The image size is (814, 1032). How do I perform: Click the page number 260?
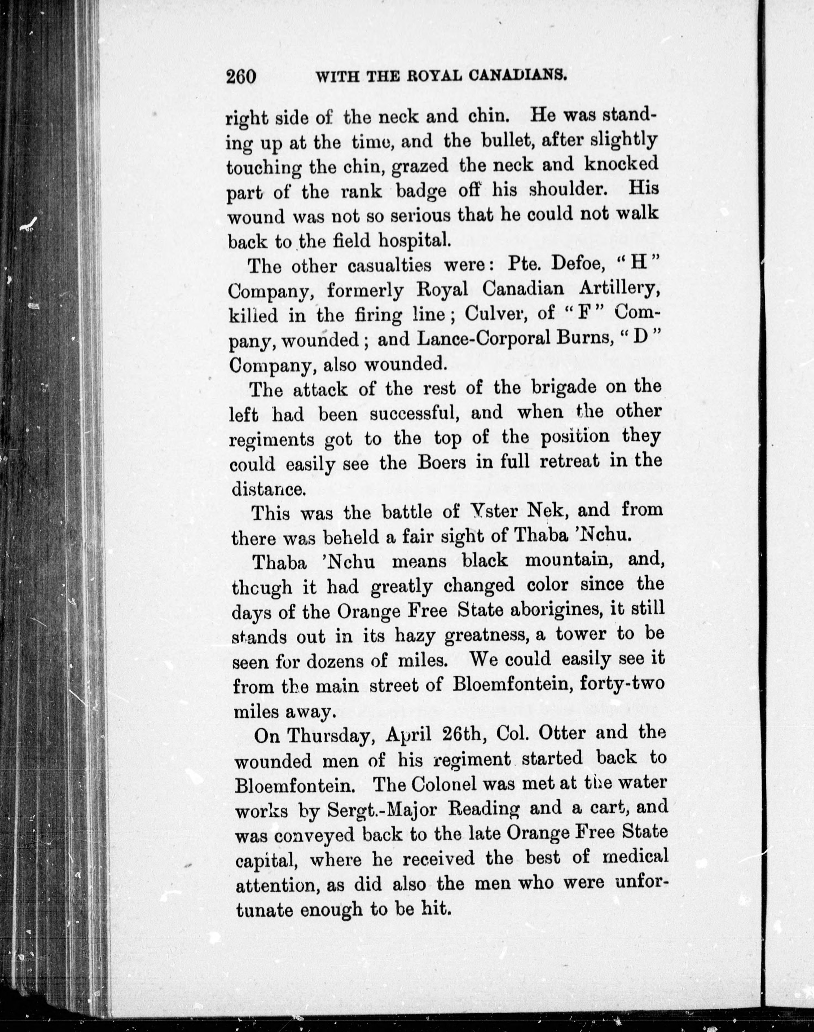coord(242,76)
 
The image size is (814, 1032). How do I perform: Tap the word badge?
coord(421,191)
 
